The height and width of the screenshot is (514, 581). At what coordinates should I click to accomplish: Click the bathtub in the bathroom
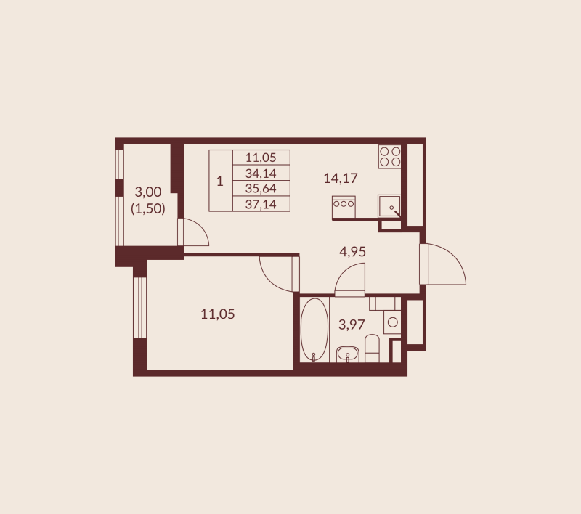(x=314, y=330)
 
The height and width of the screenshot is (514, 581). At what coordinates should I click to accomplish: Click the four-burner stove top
(x=390, y=156)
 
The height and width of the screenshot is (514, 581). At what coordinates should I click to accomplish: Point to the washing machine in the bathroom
(x=392, y=322)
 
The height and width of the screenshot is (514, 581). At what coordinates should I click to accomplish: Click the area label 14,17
(x=341, y=178)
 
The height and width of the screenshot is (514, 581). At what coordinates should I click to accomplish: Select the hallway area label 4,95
(x=352, y=252)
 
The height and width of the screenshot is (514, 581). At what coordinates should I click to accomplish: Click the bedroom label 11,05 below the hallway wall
(x=217, y=314)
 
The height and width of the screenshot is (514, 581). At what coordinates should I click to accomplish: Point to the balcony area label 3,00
(x=148, y=192)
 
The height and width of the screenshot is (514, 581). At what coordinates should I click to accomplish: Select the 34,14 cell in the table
(x=261, y=173)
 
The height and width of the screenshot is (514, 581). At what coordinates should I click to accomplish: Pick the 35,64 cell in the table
(x=261, y=188)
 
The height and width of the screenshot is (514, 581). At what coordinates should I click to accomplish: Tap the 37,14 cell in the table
(x=261, y=203)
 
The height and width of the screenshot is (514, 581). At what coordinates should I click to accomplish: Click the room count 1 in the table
(x=220, y=181)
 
